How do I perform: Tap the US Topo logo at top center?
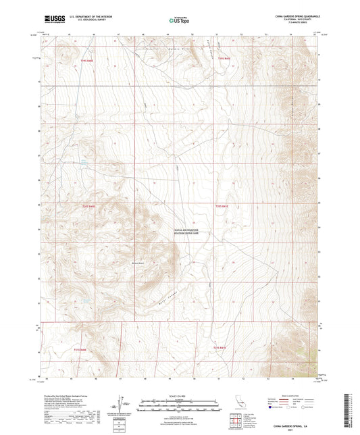point(178,21)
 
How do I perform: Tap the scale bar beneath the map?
point(178,403)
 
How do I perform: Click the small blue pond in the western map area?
point(83,163)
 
